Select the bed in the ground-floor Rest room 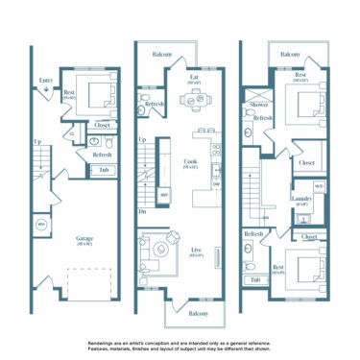click(100, 96)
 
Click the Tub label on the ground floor click(103, 170)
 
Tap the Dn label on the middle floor click(143, 211)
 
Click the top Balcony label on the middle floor click(162, 55)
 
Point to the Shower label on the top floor click(258, 105)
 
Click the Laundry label click(300, 201)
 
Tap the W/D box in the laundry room click(319, 185)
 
